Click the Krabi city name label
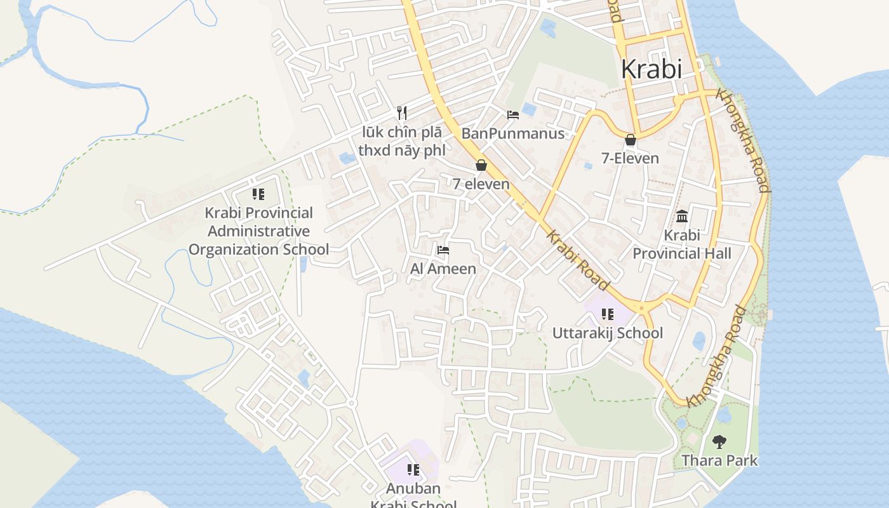tap(652, 69)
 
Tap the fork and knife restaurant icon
tap(401, 113)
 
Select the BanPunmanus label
tap(513, 133)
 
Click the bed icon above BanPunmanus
tap(513, 115)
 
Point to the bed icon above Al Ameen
tap(443, 250)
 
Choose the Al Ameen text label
tap(443, 269)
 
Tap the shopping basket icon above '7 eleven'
tap(481, 166)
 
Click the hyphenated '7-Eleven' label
tap(631, 158)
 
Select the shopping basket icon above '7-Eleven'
tap(631, 140)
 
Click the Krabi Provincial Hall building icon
tap(682, 217)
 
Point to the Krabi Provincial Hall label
tap(682, 244)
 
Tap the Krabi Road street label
tap(578, 260)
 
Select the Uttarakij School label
tap(607, 333)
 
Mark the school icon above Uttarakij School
tap(608, 314)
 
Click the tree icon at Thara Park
tap(719, 441)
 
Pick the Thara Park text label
tap(719, 460)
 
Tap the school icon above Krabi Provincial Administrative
tap(258, 194)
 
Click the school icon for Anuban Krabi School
tap(413, 471)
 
